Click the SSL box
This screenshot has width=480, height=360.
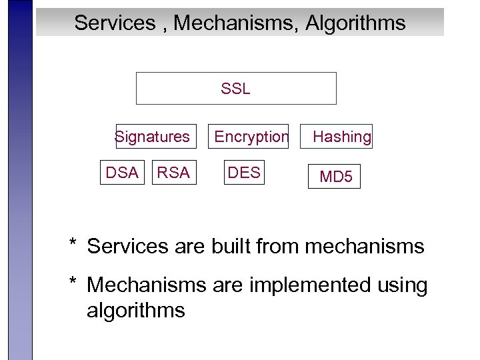(x=236, y=89)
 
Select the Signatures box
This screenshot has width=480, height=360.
(x=156, y=137)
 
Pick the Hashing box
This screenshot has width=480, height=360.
(x=342, y=137)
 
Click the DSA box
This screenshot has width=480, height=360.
(x=121, y=173)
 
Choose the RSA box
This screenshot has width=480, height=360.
(x=173, y=173)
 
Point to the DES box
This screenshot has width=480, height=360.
(x=244, y=173)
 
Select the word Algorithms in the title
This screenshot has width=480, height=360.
(x=355, y=23)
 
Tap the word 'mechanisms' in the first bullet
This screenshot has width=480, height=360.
(x=365, y=247)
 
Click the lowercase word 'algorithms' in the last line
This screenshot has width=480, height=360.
(x=135, y=311)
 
